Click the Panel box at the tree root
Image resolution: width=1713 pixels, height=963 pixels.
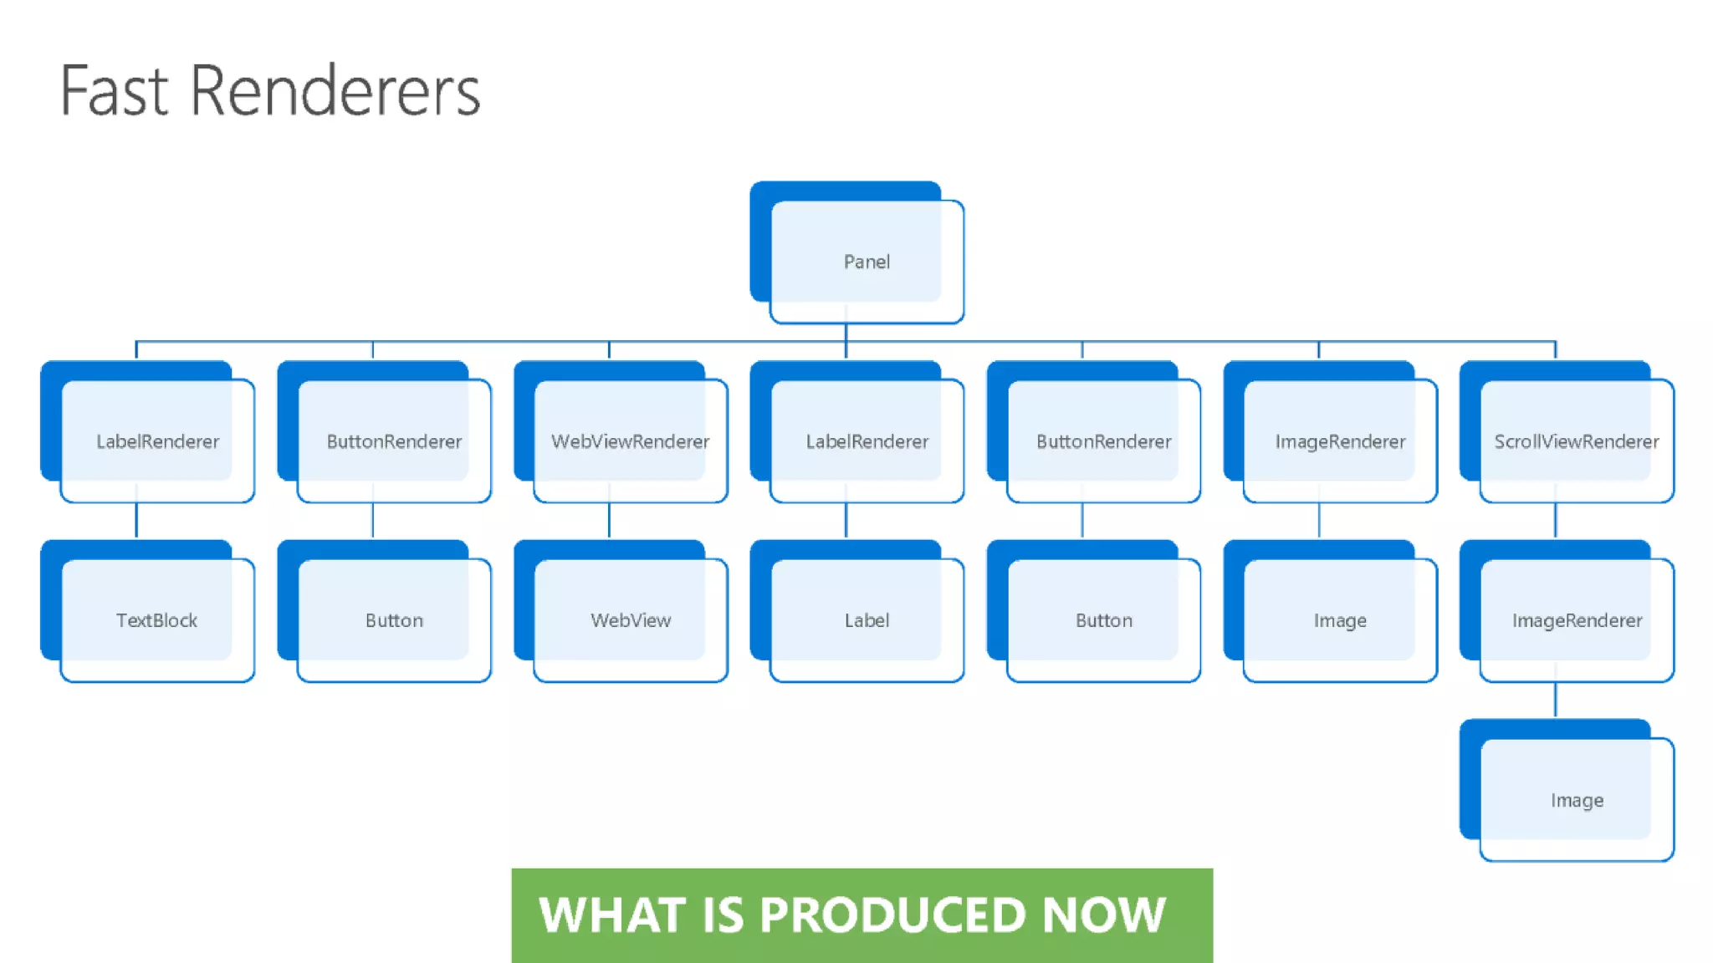click(x=867, y=262)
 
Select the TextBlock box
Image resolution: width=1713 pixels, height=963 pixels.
click(x=156, y=620)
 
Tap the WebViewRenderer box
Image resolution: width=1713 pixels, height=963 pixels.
click(x=630, y=441)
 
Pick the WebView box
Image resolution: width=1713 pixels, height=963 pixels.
click(x=630, y=620)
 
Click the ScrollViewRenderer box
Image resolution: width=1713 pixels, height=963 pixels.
click(x=1576, y=441)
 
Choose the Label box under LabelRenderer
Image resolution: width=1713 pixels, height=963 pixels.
click(x=867, y=620)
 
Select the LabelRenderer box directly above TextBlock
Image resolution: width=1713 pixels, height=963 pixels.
click(x=156, y=441)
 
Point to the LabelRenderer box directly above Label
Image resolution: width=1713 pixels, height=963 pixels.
click(x=867, y=441)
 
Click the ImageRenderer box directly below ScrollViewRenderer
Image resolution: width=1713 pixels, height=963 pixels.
click(x=1576, y=620)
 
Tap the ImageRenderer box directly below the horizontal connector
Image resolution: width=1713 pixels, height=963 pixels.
click(x=1340, y=441)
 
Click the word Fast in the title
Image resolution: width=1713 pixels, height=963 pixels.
click(x=115, y=90)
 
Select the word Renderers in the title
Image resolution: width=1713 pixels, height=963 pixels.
click(x=335, y=90)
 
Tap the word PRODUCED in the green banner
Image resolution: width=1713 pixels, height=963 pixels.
click(x=892, y=915)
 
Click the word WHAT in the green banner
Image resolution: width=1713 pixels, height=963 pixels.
click(x=612, y=915)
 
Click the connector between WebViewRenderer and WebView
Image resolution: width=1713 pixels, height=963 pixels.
click(x=609, y=520)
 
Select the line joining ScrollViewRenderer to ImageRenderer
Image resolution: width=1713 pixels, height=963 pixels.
click(x=1555, y=520)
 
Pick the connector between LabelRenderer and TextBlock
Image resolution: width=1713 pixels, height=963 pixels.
click(x=136, y=520)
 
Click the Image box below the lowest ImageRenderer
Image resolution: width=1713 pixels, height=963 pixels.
click(x=1576, y=800)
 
